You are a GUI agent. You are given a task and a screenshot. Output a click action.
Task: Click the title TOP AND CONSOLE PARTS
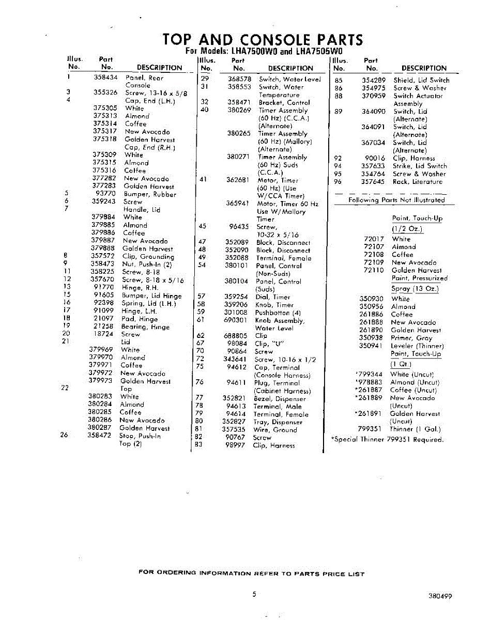(x=262, y=39)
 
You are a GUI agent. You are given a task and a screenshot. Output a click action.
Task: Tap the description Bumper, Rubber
(x=150, y=194)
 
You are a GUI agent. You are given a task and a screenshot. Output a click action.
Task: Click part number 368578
(x=239, y=79)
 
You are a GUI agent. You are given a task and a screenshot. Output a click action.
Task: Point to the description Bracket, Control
(x=284, y=103)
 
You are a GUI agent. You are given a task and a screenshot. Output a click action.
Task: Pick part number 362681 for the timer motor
(x=238, y=180)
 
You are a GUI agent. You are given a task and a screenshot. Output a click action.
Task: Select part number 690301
(x=237, y=320)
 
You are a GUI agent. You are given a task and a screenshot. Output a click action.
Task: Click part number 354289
(x=374, y=80)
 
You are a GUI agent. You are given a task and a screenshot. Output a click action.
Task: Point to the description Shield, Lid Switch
(x=421, y=80)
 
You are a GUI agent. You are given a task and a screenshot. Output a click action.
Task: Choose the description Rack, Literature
(x=417, y=182)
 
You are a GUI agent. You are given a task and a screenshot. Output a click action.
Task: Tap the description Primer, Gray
(x=411, y=338)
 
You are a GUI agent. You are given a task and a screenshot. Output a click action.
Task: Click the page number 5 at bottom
(x=254, y=594)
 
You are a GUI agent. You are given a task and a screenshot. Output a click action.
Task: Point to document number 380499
(x=440, y=596)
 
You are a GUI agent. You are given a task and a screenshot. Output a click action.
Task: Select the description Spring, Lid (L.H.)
(x=148, y=303)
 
